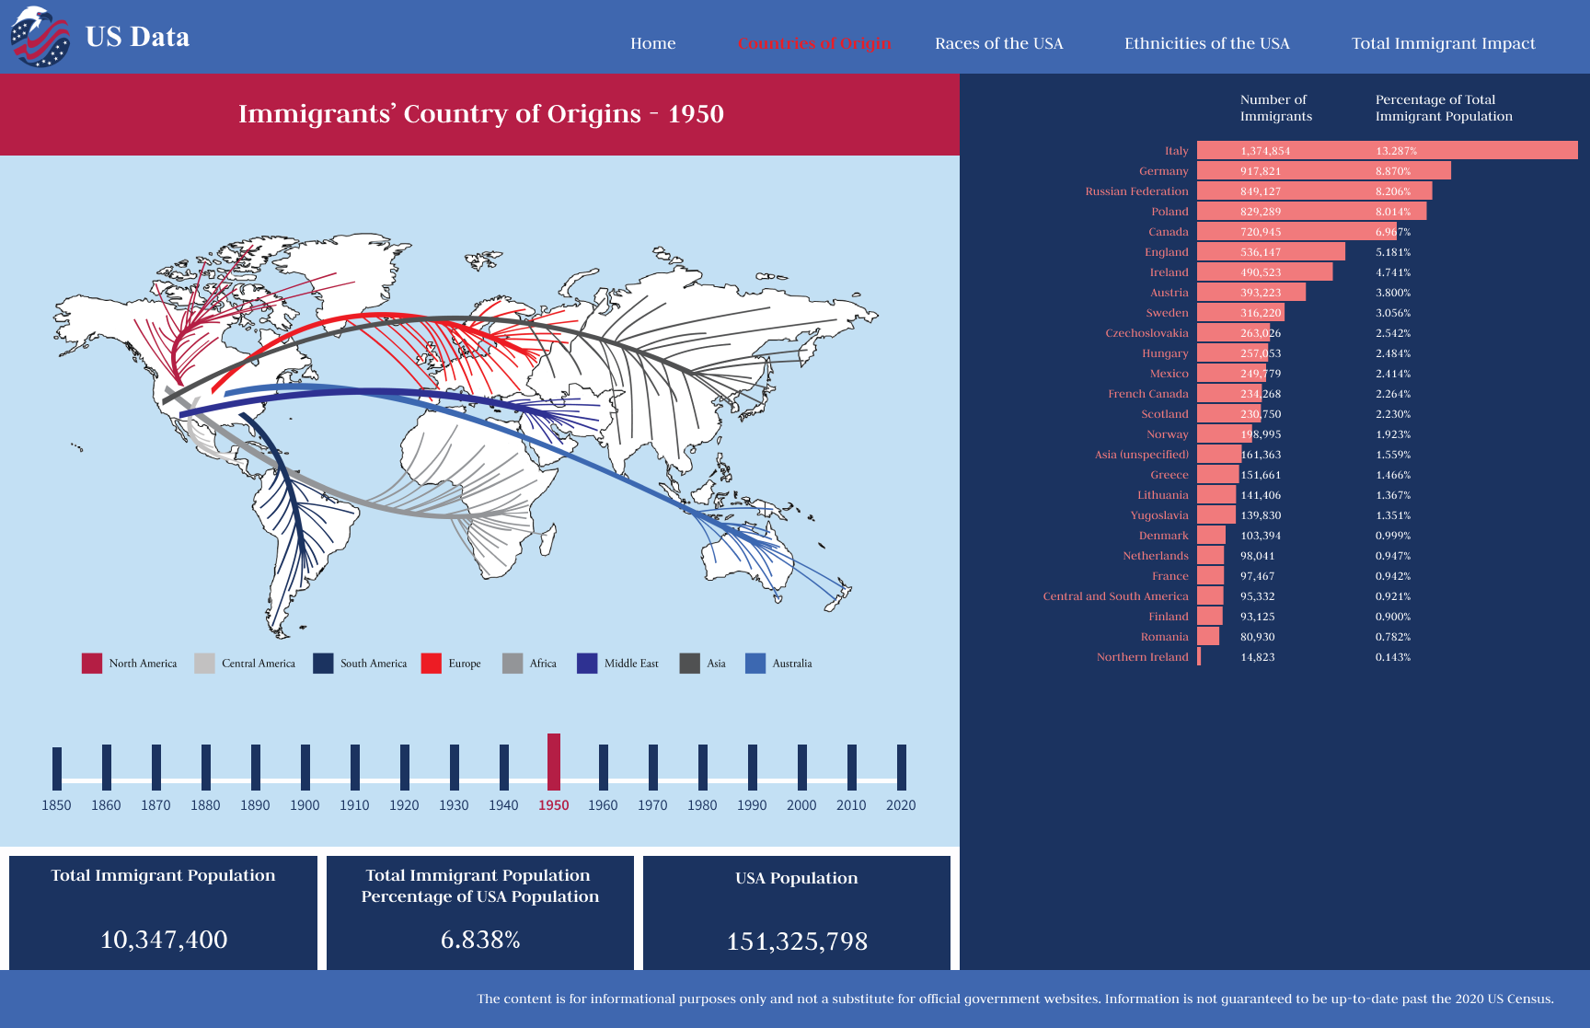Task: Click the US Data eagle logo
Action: (40, 37)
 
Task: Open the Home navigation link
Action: (652, 43)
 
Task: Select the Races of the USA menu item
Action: (998, 43)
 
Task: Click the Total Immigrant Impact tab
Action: (1443, 43)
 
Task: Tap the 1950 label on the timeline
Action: (553, 805)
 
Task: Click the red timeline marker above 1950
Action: (553, 761)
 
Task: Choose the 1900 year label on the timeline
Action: (305, 805)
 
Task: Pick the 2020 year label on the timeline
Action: (900, 805)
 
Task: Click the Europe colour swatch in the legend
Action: (431, 664)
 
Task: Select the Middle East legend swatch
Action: (587, 664)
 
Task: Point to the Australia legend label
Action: (791, 664)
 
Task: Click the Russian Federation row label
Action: (1136, 191)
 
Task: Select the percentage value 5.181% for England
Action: (1392, 252)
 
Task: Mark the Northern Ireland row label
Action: (1142, 657)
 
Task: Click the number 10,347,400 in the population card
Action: (164, 940)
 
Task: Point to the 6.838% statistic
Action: (480, 940)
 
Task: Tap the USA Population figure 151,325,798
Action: (797, 941)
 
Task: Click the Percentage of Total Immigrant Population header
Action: (1443, 108)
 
